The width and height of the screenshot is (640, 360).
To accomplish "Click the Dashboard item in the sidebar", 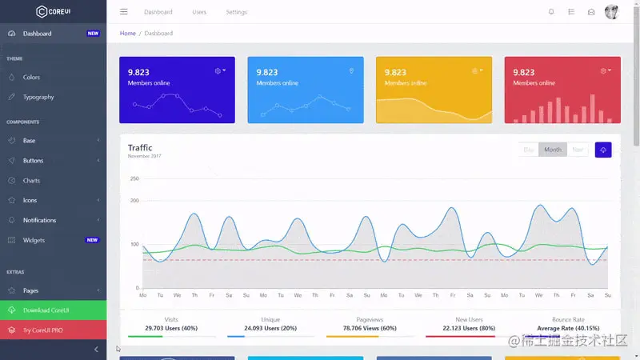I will pyautogui.click(x=37, y=34).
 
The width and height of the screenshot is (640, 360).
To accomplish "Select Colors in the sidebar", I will pyautogui.click(x=31, y=78).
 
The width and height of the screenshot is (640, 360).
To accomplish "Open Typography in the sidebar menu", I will pyautogui.click(x=38, y=97).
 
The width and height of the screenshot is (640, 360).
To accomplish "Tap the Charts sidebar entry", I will pyautogui.click(x=31, y=181).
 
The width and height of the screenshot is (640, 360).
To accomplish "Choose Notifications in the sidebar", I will pyautogui.click(x=39, y=220).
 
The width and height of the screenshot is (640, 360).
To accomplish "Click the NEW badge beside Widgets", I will pyautogui.click(x=93, y=240).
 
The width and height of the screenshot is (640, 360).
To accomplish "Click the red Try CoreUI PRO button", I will pyautogui.click(x=53, y=330).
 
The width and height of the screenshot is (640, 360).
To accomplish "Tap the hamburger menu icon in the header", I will pyautogui.click(x=123, y=12).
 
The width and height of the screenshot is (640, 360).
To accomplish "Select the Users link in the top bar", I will pyautogui.click(x=199, y=12).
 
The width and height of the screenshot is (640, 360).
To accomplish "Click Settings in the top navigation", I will pyautogui.click(x=236, y=12).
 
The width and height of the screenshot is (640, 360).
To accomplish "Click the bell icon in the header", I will pyautogui.click(x=551, y=12).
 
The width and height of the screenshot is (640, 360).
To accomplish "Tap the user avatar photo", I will pyautogui.click(x=611, y=12).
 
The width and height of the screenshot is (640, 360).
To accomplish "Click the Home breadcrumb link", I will pyautogui.click(x=127, y=34).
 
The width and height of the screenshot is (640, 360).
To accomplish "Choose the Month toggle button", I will pyautogui.click(x=553, y=150).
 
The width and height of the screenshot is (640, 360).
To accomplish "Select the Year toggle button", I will pyautogui.click(x=578, y=150).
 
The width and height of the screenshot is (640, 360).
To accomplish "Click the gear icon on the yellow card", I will pyautogui.click(x=475, y=70).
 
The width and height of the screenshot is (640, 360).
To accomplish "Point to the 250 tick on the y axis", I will pyautogui.click(x=134, y=178).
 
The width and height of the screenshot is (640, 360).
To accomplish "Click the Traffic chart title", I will pyautogui.click(x=140, y=147).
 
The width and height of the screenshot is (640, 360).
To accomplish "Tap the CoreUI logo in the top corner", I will pyautogui.click(x=53, y=11).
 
